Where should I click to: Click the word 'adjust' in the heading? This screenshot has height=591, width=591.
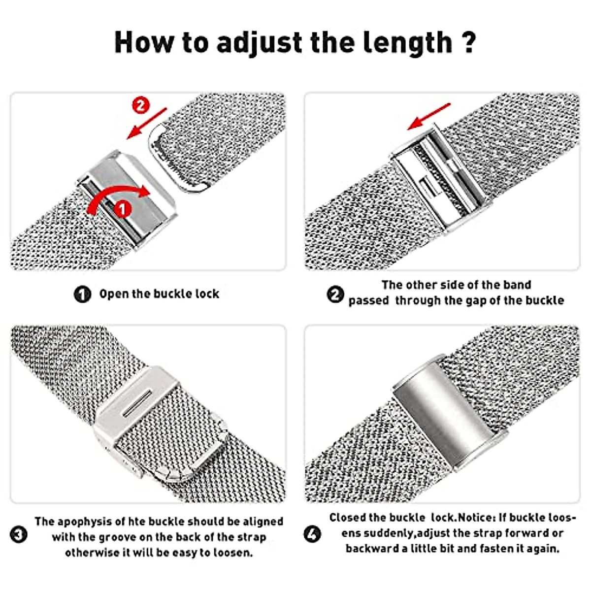tap(260, 43)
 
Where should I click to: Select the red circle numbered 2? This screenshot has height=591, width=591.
tap(141, 105)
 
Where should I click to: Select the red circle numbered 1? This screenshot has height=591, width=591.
tap(122, 209)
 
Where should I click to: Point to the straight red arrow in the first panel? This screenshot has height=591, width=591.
tap(147, 123)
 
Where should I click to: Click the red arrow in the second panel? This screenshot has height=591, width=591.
tap(428, 117)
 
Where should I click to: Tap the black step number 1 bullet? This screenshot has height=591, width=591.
tap(82, 295)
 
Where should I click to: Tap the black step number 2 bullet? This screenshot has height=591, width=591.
tap(335, 295)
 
